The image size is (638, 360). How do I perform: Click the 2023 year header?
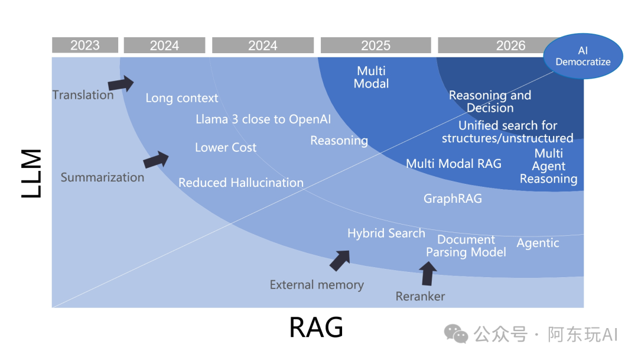[85, 46]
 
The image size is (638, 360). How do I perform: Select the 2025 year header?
[376, 46]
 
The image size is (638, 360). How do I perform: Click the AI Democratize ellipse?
[583, 57]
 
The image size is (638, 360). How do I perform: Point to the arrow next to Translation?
[121, 83]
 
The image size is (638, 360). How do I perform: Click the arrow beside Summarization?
[156, 159]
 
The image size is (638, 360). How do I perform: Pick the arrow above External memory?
[340, 260]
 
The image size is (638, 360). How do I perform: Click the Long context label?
[182, 98]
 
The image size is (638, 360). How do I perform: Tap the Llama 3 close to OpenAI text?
[263, 119]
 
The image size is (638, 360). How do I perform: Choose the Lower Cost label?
[226, 147]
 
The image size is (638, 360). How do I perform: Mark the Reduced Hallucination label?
[241, 183]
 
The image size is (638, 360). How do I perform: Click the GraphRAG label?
[453, 199]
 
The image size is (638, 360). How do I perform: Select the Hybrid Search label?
[386, 233]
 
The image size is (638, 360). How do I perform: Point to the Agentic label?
[538, 243]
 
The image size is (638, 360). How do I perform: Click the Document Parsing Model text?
[466, 246]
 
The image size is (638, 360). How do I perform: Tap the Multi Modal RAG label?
[454, 164]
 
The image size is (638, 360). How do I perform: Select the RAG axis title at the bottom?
[316, 327]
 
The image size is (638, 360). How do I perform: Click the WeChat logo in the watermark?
[456, 335]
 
